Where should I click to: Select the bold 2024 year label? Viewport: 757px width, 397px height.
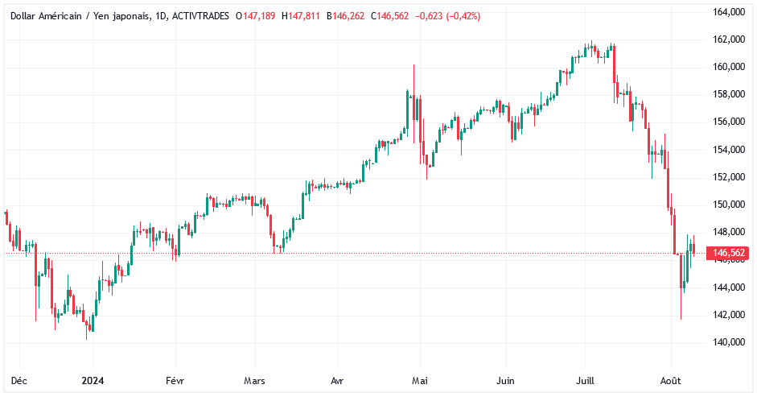point(93,380)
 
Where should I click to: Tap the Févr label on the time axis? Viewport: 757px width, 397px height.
point(175,380)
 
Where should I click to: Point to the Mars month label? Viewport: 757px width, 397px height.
point(255,380)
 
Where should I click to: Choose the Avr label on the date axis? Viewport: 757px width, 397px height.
point(338,380)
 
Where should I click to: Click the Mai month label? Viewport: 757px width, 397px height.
point(418,380)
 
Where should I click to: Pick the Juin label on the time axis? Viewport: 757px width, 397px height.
point(506,380)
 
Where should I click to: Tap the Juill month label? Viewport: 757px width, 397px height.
point(585,380)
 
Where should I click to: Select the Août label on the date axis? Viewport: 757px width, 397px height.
point(671,380)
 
